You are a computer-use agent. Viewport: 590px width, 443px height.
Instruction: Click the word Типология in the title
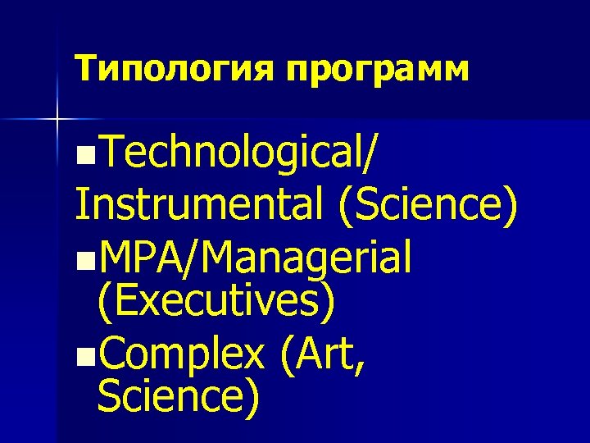[175, 69]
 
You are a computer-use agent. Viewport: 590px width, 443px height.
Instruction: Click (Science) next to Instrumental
[427, 207]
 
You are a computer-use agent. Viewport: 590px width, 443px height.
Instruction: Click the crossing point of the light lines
[57, 121]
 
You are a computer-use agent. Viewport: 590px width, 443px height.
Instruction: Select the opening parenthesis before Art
[284, 355]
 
